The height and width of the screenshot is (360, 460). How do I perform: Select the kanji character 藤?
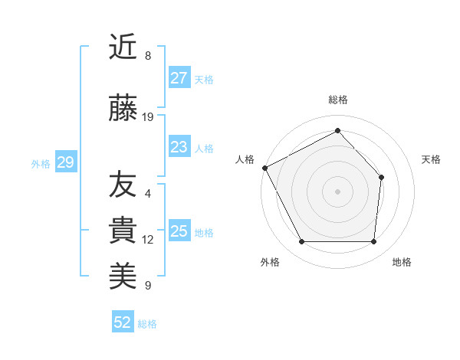tap(123, 110)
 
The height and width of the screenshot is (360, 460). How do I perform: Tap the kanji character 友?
tap(123, 185)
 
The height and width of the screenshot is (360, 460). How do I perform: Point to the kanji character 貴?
tap(123, 231)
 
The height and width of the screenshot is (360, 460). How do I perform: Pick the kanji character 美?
tap(123, 277)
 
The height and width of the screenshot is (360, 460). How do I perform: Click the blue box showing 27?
tap(179, 78)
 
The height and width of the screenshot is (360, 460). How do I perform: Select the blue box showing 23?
tap(179, 147)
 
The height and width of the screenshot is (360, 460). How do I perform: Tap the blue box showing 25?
tap(179, 231)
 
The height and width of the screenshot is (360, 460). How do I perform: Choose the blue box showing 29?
tap(65, 162)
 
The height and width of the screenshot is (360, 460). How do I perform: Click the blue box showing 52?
tap(123, 322)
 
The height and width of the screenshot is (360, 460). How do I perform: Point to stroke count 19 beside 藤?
tap(148, 117)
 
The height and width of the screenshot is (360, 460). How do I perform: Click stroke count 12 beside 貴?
tap(148, 239)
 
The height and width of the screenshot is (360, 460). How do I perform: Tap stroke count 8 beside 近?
tap(148, 55)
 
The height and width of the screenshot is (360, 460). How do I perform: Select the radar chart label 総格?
tap(337, 100)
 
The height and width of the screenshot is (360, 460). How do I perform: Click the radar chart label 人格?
tap(245, 159)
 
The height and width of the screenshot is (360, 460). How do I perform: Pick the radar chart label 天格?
tap(431, 159)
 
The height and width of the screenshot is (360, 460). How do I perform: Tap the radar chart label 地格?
tap(402, 262)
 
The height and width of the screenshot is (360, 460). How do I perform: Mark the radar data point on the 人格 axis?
tap(264, 168)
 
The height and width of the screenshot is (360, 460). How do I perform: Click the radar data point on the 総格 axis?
tap(337, 130)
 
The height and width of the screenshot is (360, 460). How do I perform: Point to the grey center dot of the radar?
tap(337, 191)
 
